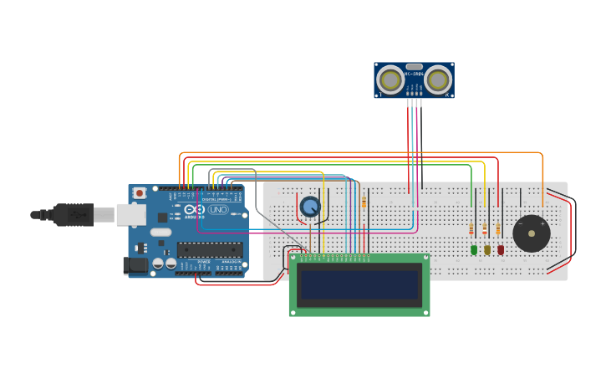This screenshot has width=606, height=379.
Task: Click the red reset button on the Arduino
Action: [140, 193]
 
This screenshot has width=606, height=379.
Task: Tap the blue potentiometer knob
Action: [310, 206]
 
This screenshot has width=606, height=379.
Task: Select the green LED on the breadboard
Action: [474, 249]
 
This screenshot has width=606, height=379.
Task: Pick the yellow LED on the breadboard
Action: [487, 249]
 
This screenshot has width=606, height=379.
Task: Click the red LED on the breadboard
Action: [501, 249]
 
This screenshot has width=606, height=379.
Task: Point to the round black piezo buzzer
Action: [532, 233]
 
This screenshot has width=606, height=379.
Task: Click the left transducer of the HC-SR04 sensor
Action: [390, 80]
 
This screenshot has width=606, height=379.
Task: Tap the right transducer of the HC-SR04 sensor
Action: [437, 80]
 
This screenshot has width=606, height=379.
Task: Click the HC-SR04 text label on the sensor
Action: [414, 74]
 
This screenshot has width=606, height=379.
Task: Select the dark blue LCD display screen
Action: [359, 284]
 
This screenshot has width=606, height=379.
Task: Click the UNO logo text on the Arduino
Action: [217, 209]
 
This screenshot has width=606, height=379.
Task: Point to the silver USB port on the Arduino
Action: [130, 215]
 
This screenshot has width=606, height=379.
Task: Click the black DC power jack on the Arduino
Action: [135, 266]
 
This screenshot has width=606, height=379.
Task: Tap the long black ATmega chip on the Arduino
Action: [210, 248]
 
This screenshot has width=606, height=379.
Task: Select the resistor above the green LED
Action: [471, 229]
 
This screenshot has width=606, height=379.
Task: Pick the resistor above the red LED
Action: [498, 228]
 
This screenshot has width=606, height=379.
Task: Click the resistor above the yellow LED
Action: [485, 228]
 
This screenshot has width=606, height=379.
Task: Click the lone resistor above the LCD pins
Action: [364, 202]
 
